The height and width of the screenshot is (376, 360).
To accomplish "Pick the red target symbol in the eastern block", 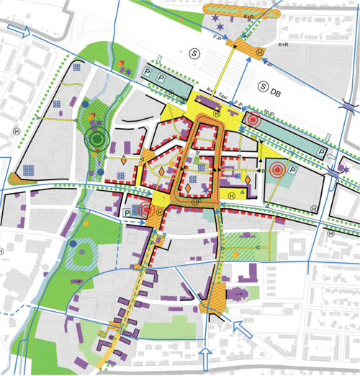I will (277, 171).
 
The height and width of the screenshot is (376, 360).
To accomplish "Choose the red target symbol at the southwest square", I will (147, 210).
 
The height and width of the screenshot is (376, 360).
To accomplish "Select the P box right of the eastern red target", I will (294, 171).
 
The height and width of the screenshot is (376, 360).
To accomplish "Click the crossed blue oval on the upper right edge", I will (350, 106).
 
